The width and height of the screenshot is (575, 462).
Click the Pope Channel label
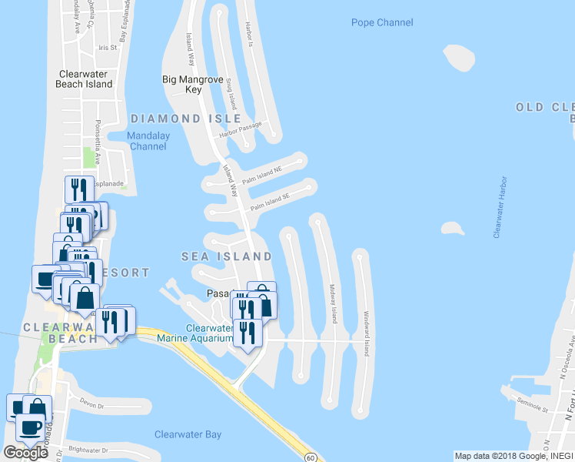tap(382, 22)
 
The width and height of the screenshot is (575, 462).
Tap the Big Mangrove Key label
tap(192, 84)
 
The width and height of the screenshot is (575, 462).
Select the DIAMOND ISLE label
tap(185, 119)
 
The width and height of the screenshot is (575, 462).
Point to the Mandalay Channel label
tap(149, 141)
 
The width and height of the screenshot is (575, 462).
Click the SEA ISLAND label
tap(226, 256)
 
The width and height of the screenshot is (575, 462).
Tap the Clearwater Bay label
tap(188, 434)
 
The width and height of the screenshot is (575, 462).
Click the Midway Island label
tap(333, 303)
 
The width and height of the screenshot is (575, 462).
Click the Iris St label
tap(107, 47)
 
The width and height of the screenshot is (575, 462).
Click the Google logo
tap(26, 453)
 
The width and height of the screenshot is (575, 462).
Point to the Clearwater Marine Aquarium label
tap(194, 333)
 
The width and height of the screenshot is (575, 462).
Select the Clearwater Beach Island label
tap(85, 79)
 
